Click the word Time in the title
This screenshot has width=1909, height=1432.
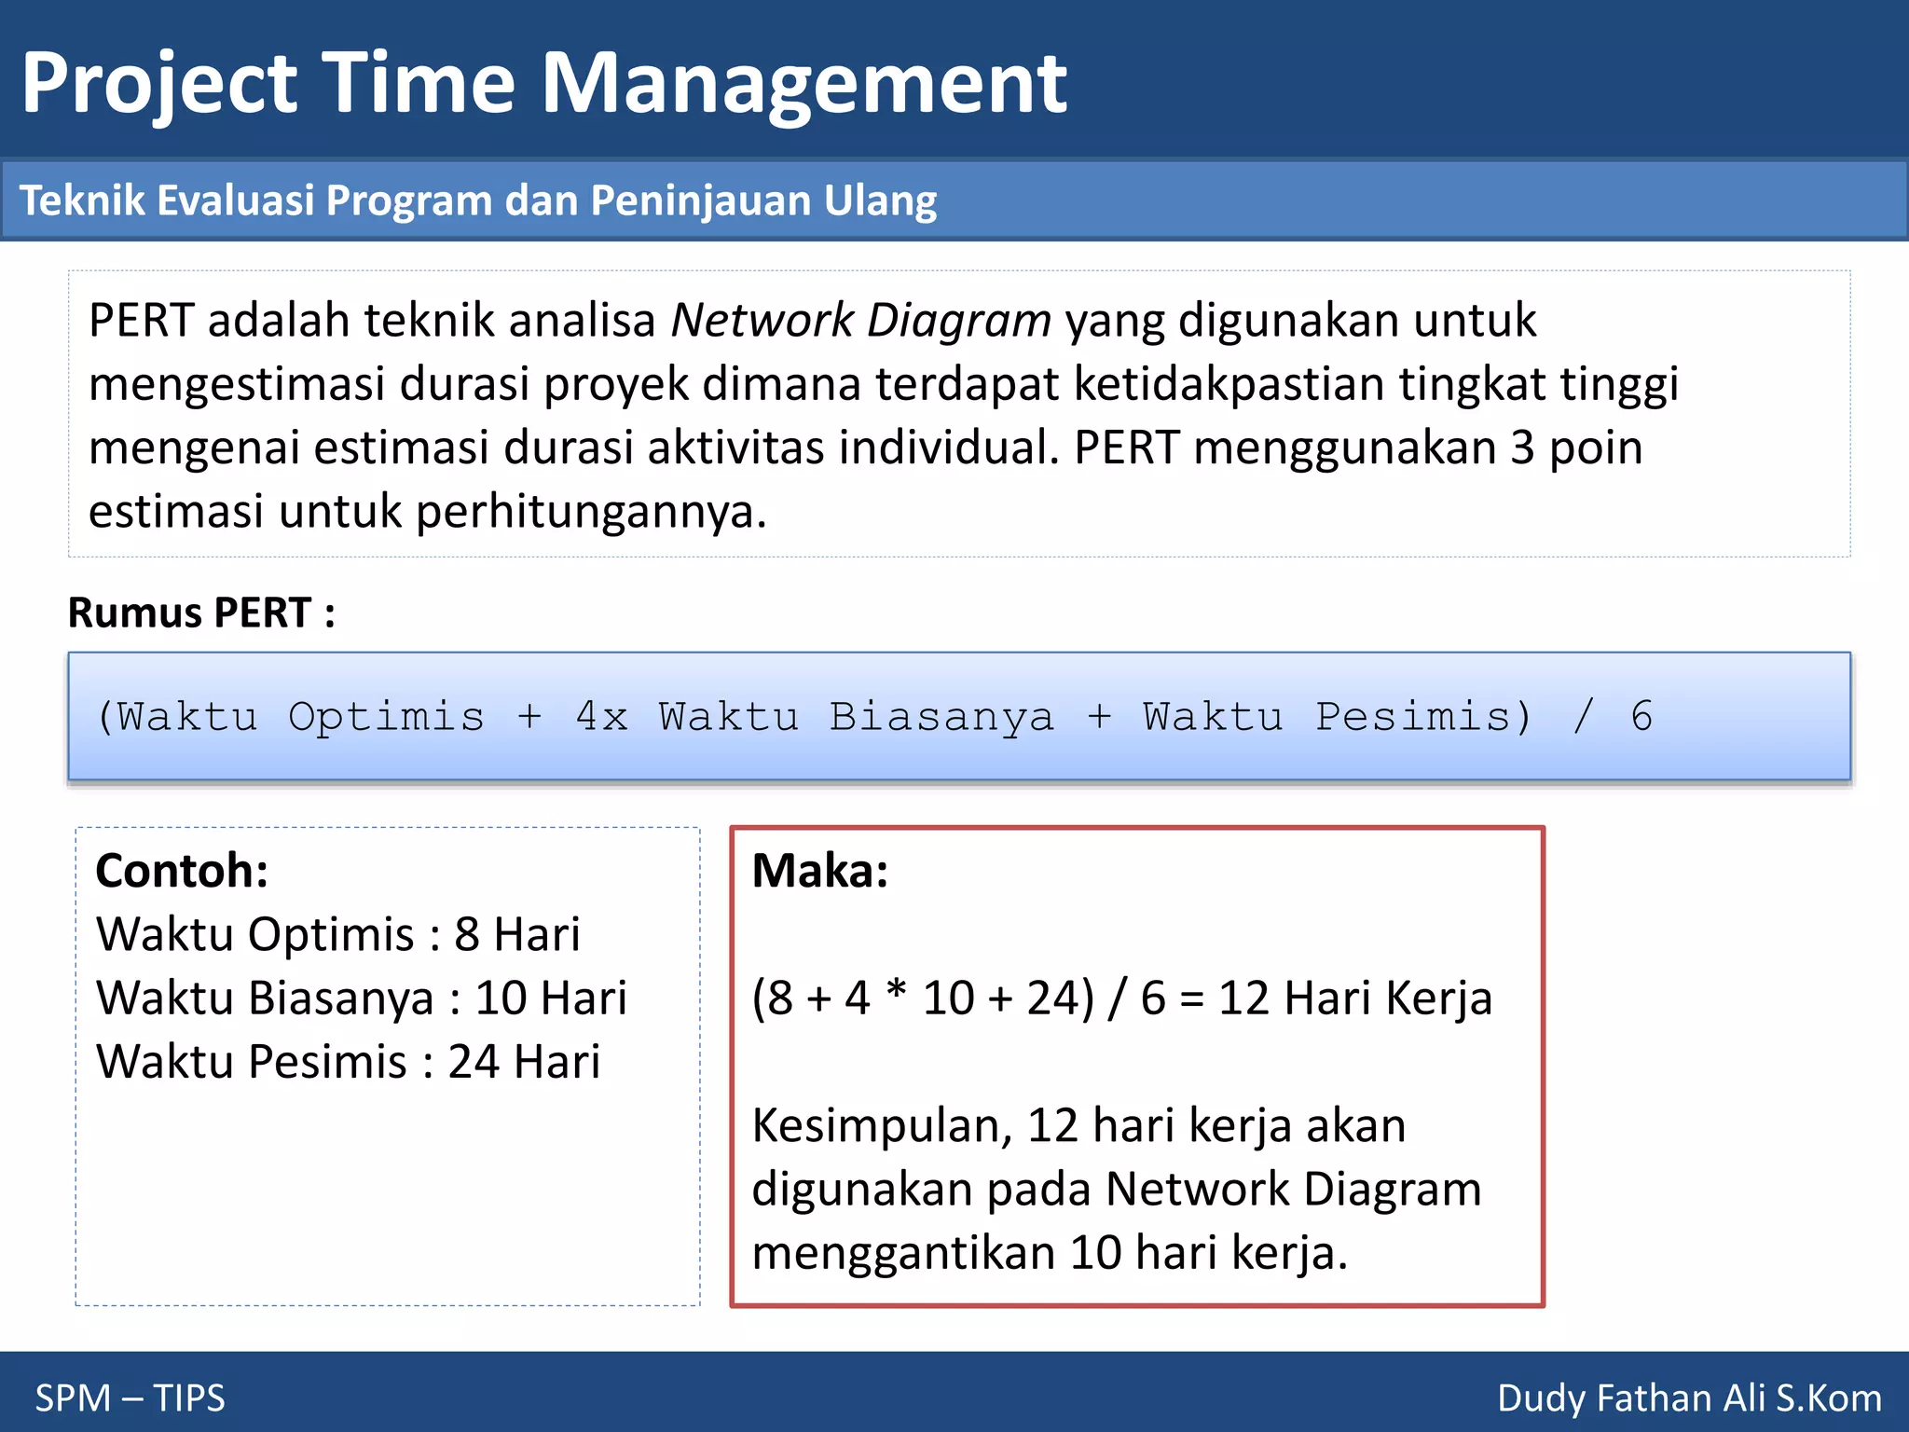click(418, 84)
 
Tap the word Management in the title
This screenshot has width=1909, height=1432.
click(803, 84)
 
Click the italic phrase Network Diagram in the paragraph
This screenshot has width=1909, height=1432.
click(860, 321)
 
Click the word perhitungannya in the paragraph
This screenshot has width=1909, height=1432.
click(591, 513)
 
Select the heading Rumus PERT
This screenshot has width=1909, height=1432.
click(201, 613)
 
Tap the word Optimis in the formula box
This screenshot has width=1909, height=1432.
click(386, 717)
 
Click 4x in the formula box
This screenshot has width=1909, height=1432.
click(601, 717)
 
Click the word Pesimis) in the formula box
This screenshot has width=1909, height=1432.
click(1423, 717)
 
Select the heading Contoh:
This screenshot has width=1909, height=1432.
click(182, 871)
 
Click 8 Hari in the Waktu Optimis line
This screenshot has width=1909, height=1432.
click(516, 934)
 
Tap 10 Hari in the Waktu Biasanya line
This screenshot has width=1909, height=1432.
click(551, 998)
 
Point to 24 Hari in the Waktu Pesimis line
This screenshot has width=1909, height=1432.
click(524, 1062)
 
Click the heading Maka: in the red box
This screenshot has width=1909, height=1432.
click(820, 871)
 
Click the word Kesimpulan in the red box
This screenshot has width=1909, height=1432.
click(881, 1126)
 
